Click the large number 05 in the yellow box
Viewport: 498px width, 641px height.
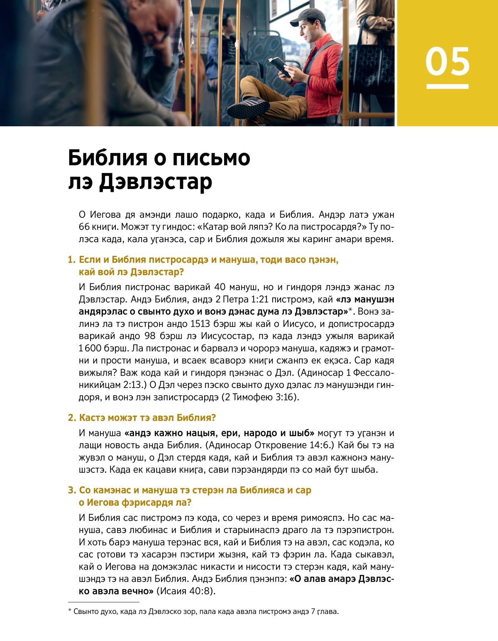click(447, 61)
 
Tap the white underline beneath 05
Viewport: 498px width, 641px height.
click(447, 86)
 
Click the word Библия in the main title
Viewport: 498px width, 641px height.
click(107, 158)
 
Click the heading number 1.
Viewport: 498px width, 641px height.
click(71, 260)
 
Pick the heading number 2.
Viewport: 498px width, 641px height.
click(71, 418)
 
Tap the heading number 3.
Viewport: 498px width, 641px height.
click(71, 491)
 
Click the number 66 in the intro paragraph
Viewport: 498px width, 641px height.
click(84, 227)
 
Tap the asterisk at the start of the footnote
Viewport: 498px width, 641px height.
click(70, 611)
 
